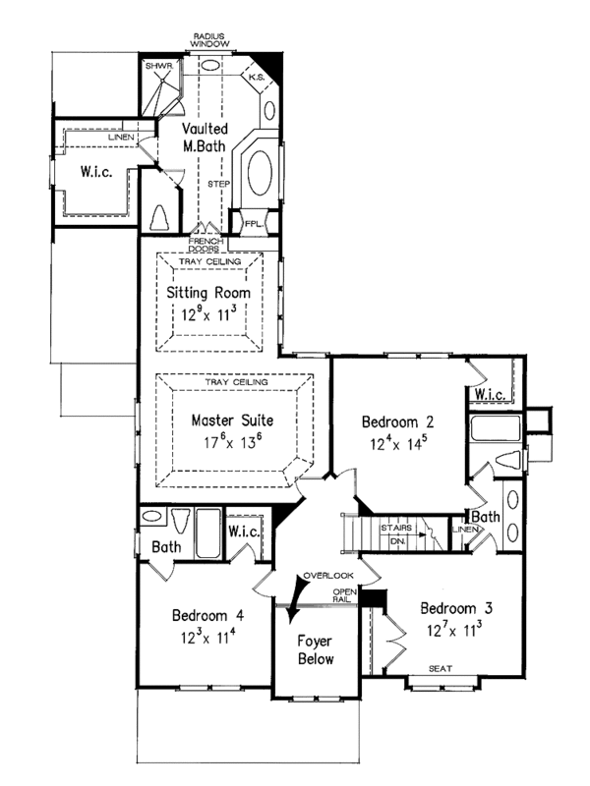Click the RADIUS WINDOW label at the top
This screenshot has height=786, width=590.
(211, 41)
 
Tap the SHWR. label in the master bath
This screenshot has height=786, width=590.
(158, 66)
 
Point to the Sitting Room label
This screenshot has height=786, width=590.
(209, 294)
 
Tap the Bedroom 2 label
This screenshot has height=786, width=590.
(398, 422)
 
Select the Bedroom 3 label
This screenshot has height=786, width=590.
(454, 607)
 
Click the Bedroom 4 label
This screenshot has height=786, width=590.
(207, 616)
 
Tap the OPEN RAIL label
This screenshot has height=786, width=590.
(343, 595)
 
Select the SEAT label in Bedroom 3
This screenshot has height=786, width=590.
(440, 669)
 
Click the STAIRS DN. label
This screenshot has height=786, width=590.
(395, 534)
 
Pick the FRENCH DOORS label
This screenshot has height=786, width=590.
(206, 246)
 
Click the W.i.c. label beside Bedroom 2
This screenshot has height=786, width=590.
(491, 395)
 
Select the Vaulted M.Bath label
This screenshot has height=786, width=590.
(206, 139)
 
